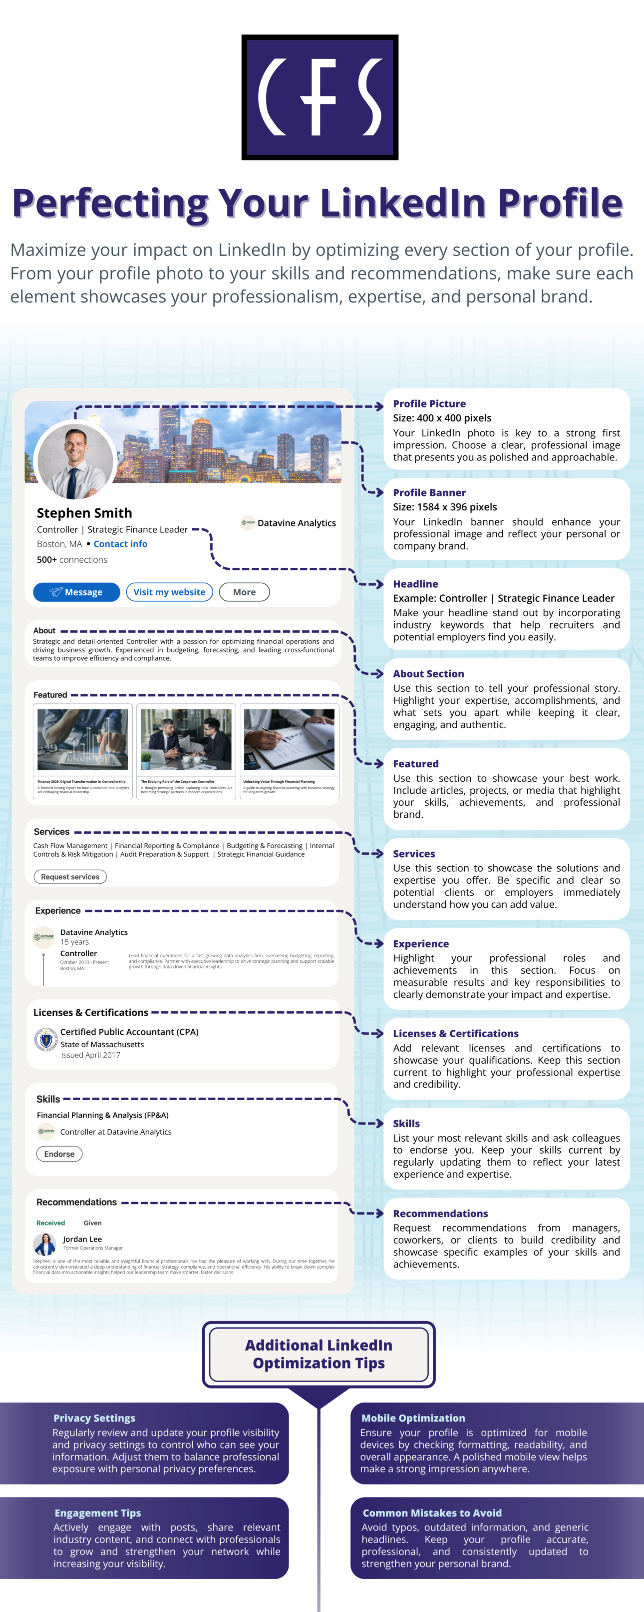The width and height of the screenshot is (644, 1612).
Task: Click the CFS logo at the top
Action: click(320, 97)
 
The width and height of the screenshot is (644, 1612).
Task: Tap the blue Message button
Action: click(76, 592)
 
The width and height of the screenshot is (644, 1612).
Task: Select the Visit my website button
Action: click(169, 592)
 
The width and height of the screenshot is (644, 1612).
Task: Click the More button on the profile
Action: click(245, 592)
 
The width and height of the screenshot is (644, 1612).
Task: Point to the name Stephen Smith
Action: click(84, 513)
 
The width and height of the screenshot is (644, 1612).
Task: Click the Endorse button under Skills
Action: click(59, 1154)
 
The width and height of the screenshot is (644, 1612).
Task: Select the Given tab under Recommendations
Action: click(92, 1223)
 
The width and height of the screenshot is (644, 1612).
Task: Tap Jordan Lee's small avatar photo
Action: click(45, 1244)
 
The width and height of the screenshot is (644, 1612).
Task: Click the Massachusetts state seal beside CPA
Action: click(45, 1041)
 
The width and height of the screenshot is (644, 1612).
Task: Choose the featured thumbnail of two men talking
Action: click(186, 739)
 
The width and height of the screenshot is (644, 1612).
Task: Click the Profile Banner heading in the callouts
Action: click(429, 492)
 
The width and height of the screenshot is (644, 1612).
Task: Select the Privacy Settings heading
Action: click(94, 1418)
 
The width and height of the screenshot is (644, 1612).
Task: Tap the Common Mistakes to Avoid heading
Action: click(432, 1513)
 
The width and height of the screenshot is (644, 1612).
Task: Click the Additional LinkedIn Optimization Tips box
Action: click(319, 1354)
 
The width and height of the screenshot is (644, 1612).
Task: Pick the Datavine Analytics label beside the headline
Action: click(297, 523)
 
